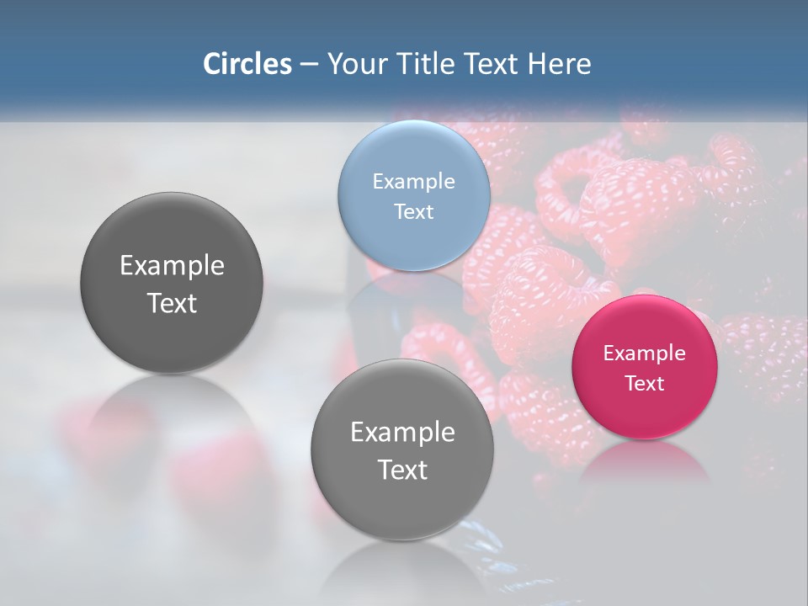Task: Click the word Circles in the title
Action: [x=247, y=64]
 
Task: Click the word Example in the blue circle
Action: [x=413, y=181]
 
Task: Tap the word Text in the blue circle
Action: [x=413, y=211]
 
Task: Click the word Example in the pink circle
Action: [x=645, y=353]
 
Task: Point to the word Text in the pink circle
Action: [x=645, y=383]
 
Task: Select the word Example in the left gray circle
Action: [x=172, y=265]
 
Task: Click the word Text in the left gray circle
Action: [x=172, y=303]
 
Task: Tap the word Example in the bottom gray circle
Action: [x=402, y=432]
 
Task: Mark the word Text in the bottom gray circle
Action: [x=402, y=470]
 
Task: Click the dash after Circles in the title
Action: [x=309, y=64]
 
